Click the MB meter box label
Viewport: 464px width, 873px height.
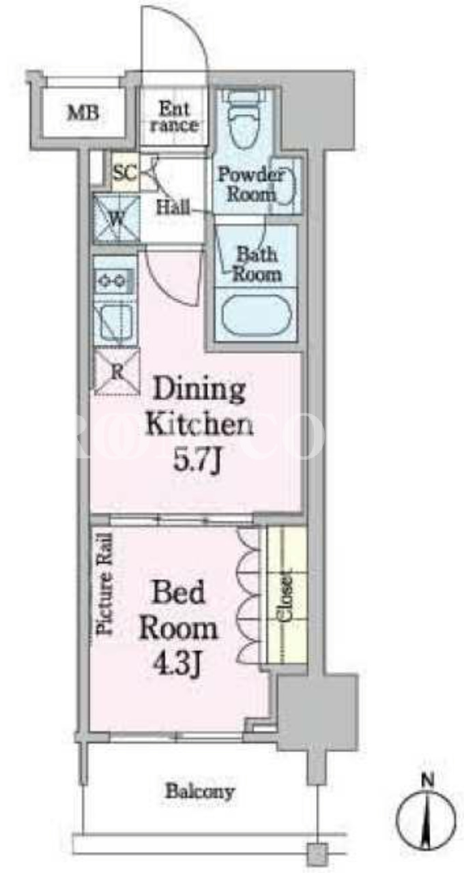point(83,113)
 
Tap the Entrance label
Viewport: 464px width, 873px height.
point(173,117)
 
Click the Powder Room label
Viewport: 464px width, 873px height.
point(250,184)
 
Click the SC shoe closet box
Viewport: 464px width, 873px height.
point(125,172)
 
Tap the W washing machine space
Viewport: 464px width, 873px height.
point(116,220)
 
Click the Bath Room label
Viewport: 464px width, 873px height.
point(257,265)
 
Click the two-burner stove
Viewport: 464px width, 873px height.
point(114,279)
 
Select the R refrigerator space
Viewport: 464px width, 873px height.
point(117,371)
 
